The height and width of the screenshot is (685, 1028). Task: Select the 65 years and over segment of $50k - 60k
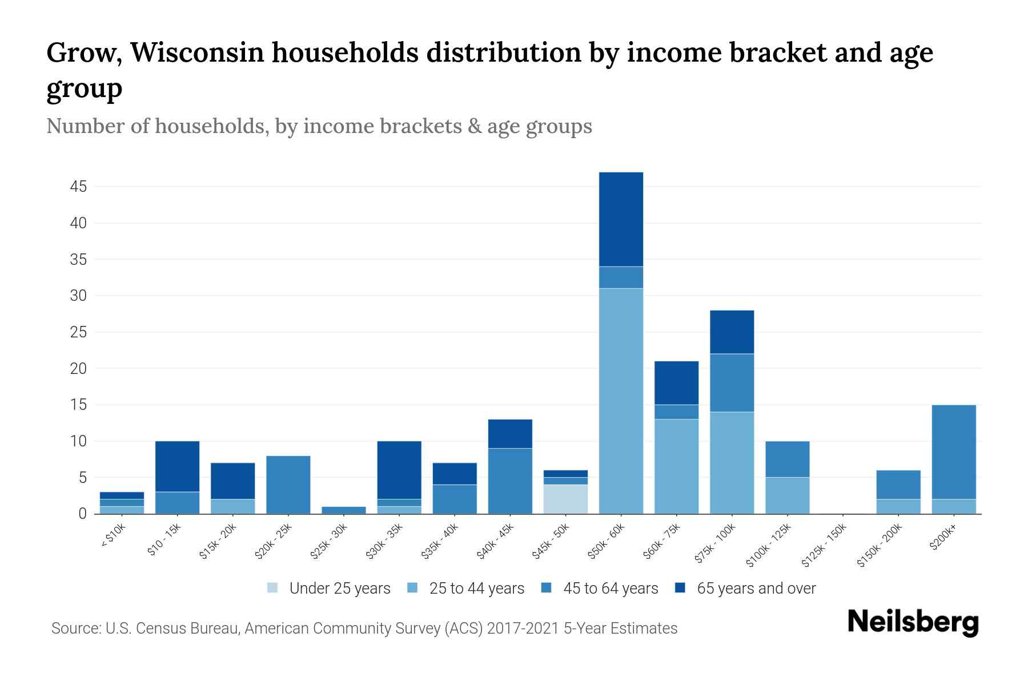coord(621,219)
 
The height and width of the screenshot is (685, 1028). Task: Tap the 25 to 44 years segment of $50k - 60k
coord(621,401)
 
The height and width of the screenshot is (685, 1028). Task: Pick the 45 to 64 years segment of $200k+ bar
coord(953,452)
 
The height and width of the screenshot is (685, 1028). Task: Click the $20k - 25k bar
coord(288,485)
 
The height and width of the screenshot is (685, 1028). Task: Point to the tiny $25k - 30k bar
coord(344,510)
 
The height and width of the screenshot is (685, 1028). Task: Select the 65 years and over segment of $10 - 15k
coord(177,466)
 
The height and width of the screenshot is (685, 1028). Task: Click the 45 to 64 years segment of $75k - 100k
coord(732,382)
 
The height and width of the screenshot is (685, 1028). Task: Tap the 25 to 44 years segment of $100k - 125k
coord(787,495)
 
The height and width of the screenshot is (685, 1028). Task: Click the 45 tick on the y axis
coord(79,187)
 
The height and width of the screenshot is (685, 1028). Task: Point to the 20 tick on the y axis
coord(79,369)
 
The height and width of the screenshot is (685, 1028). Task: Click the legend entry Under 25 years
coord(340,589)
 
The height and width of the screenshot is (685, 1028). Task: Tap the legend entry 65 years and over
coord(756,589)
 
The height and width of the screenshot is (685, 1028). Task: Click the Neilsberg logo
coord(913,623)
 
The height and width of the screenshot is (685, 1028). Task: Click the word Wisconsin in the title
coord(197,53)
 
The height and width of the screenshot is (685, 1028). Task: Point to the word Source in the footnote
coord(75,628)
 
